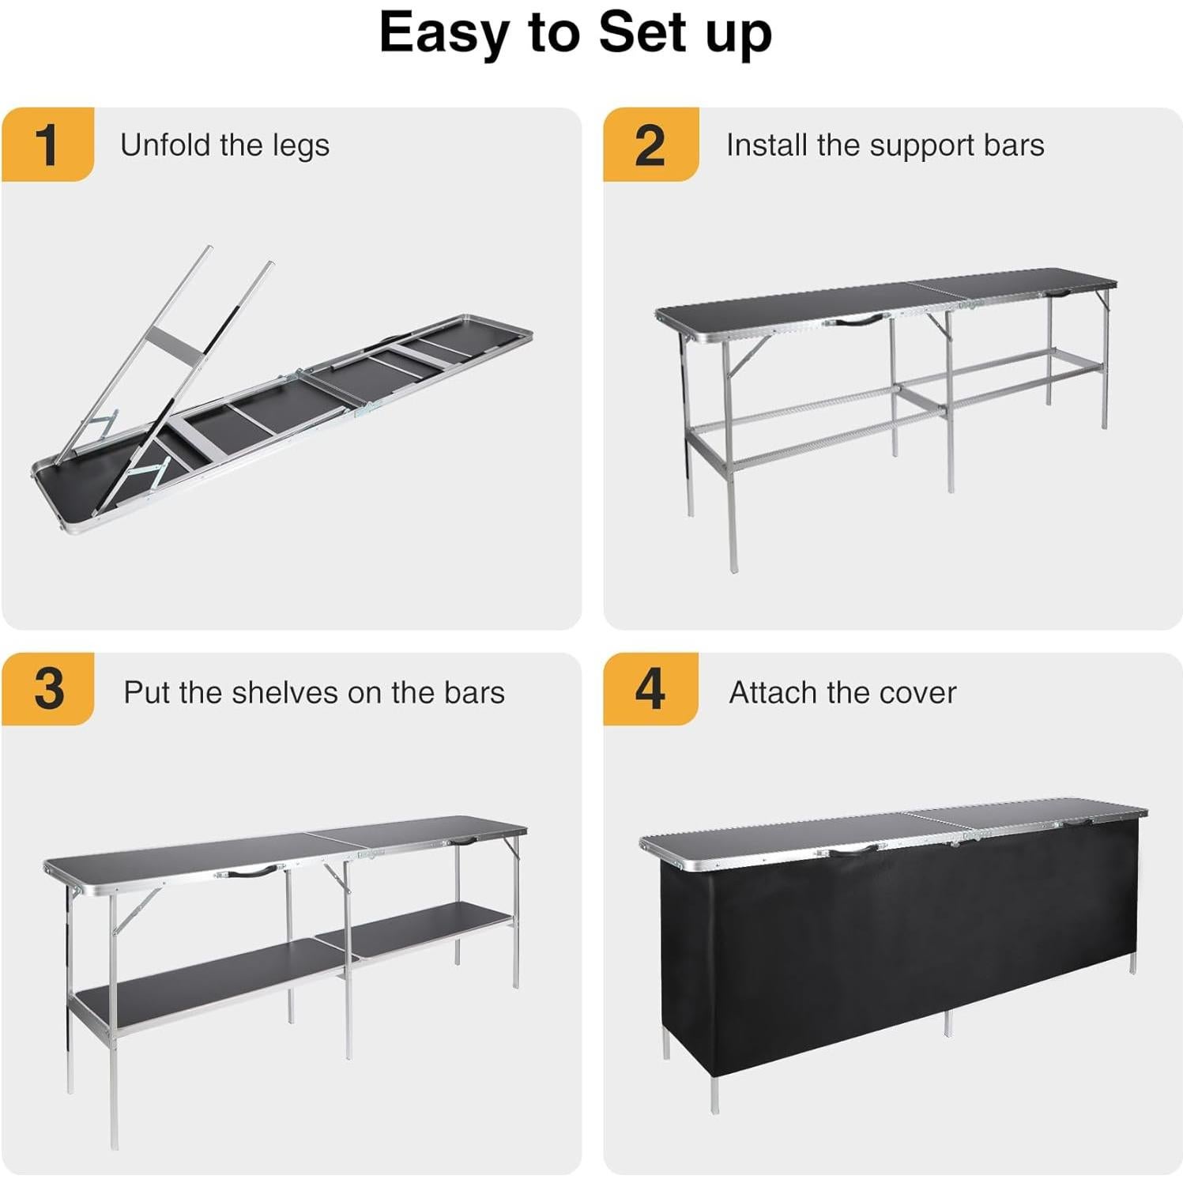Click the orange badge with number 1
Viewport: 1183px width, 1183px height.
coord(47,145)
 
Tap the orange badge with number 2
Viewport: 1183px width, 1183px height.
coord(650,145)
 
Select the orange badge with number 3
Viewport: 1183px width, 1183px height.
coord(47,689)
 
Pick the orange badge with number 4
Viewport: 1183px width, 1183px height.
coord(650,689)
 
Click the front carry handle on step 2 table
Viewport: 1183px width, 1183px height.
coord(856,320)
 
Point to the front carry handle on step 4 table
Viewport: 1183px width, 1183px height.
coord(854,850)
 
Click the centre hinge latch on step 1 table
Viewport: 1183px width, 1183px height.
coord(367,407)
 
